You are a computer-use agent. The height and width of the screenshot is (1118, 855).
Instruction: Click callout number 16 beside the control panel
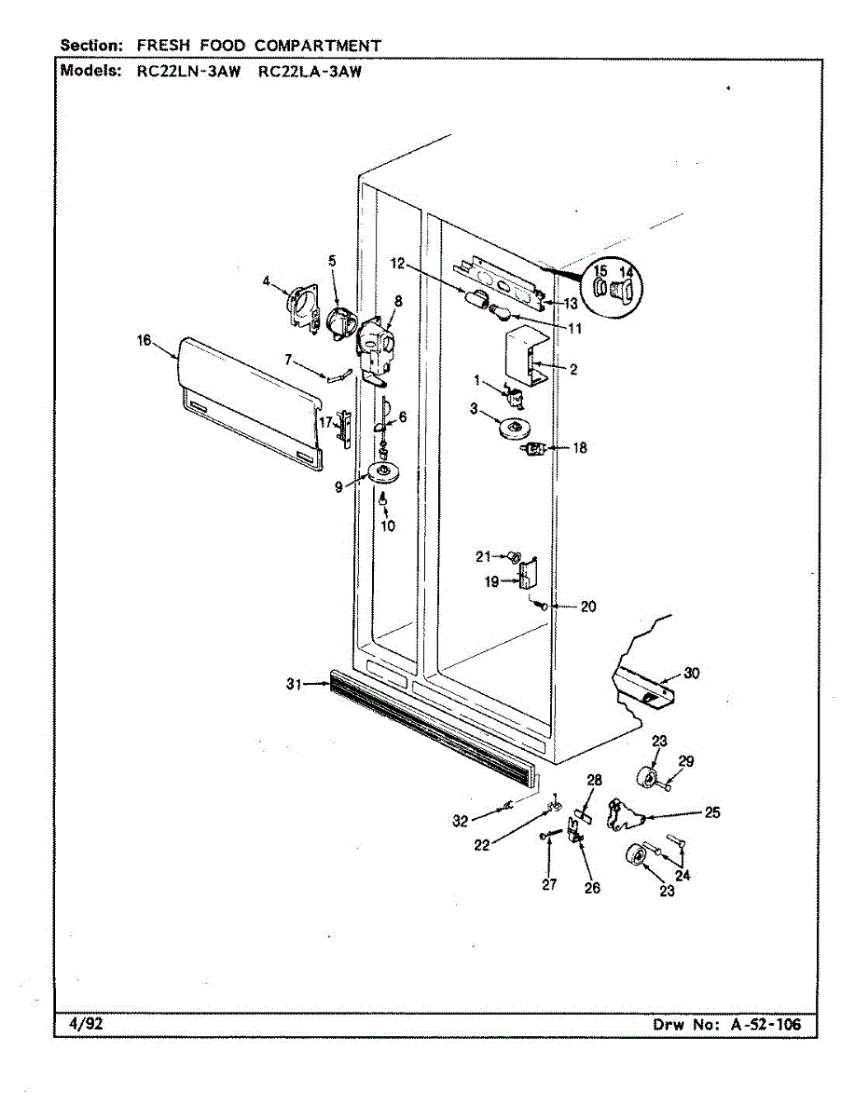tap(144, 341)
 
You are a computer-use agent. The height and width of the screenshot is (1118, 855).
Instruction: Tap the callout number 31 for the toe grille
tap(295, 685)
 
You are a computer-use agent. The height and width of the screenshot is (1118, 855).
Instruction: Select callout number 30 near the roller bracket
tap(691, 674)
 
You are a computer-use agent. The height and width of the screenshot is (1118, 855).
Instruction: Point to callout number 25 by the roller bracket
tap(712, 812)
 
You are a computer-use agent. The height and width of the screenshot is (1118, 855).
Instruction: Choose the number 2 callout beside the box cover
tap(573, 370)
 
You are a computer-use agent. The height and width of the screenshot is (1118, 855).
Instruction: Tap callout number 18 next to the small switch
tap(580, 448)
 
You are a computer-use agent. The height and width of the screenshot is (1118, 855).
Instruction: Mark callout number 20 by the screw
tap(587, 607)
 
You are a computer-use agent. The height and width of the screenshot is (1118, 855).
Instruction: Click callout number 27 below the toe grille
tap(549, 885)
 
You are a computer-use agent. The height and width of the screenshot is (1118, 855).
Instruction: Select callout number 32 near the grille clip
tap(460, 821)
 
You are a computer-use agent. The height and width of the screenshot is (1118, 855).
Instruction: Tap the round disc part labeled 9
tap(382, 473)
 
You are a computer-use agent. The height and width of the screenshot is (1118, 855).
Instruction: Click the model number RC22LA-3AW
tap(308, 70)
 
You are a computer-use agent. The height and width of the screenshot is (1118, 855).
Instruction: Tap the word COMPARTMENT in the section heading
tap(318, 45)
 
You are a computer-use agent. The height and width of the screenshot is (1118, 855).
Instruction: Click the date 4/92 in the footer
tap(87, 1024)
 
